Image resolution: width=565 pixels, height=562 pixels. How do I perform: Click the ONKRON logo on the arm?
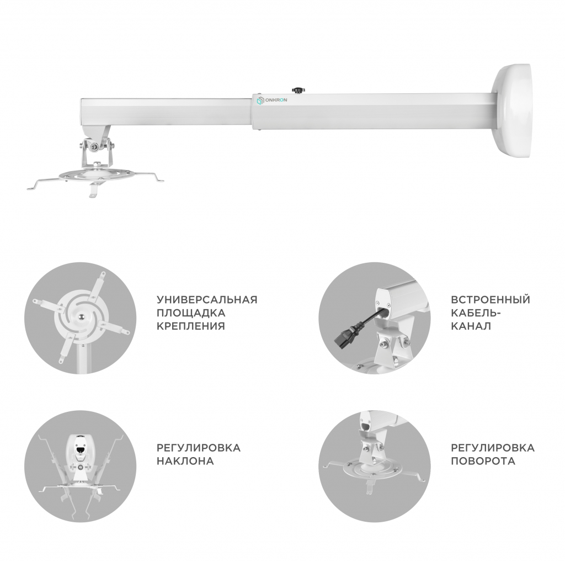tap(271, 100)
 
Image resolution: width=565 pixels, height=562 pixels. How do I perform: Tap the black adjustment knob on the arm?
tap(298, 89)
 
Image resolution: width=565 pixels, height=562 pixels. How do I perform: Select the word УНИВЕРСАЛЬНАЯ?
tap(207, 300)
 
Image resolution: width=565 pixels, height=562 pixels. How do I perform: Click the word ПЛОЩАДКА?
tap(191, 313)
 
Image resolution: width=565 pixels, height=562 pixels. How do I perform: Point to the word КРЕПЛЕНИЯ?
tap(190, 326)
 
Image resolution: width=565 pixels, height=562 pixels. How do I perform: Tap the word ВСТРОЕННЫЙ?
tap(491, 300)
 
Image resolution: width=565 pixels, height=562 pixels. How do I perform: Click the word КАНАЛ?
tap(471, 326)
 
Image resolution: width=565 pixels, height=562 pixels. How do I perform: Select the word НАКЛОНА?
tap(185, 461)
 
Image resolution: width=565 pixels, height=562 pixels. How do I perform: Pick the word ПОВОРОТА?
tap(483, 461)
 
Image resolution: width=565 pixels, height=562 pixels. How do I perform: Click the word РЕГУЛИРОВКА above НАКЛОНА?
tap(198, 448)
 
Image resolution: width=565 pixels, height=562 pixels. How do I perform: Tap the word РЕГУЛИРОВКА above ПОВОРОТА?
tap(493, 448)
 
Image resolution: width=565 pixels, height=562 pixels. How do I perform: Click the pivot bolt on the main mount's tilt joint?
tap(95, 146)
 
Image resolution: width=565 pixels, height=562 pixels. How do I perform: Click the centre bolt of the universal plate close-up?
tap(82, 316)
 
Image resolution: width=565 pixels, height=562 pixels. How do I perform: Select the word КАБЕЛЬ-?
tap(476, 313)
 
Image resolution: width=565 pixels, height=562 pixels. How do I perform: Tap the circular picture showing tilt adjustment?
tap(81, 466)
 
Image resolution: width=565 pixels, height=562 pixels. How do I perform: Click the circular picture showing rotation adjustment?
tap(375, 466)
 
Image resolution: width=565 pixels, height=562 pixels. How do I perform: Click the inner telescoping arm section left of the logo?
tap(166, 112)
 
